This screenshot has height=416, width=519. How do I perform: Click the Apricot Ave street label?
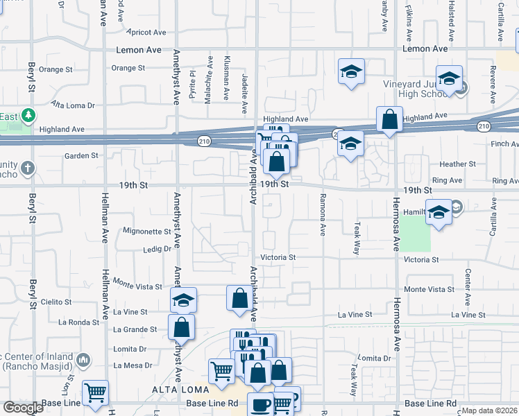147,32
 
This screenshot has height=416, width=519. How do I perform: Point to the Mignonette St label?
146,231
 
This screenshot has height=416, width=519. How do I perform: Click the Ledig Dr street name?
157,249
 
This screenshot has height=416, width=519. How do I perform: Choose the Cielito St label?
56,302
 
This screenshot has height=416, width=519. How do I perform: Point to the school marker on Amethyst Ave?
184,300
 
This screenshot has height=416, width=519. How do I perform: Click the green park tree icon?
28,115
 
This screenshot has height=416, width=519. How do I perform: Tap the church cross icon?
27,168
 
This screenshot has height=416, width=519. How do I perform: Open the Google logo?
22,408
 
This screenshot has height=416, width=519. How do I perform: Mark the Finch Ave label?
504,144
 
